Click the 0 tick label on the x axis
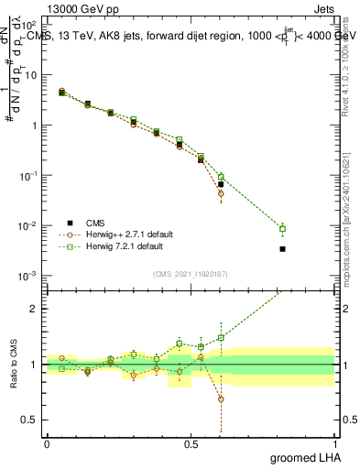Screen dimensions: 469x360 pos(47,443)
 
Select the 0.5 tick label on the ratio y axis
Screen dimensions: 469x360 pos(30,420)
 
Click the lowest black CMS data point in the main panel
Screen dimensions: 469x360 pos(283,248)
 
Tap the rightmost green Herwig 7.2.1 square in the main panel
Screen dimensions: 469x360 pos(283,229)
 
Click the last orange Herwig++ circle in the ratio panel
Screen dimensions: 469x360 pos(221,399)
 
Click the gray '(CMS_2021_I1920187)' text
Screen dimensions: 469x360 pos(191,274)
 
